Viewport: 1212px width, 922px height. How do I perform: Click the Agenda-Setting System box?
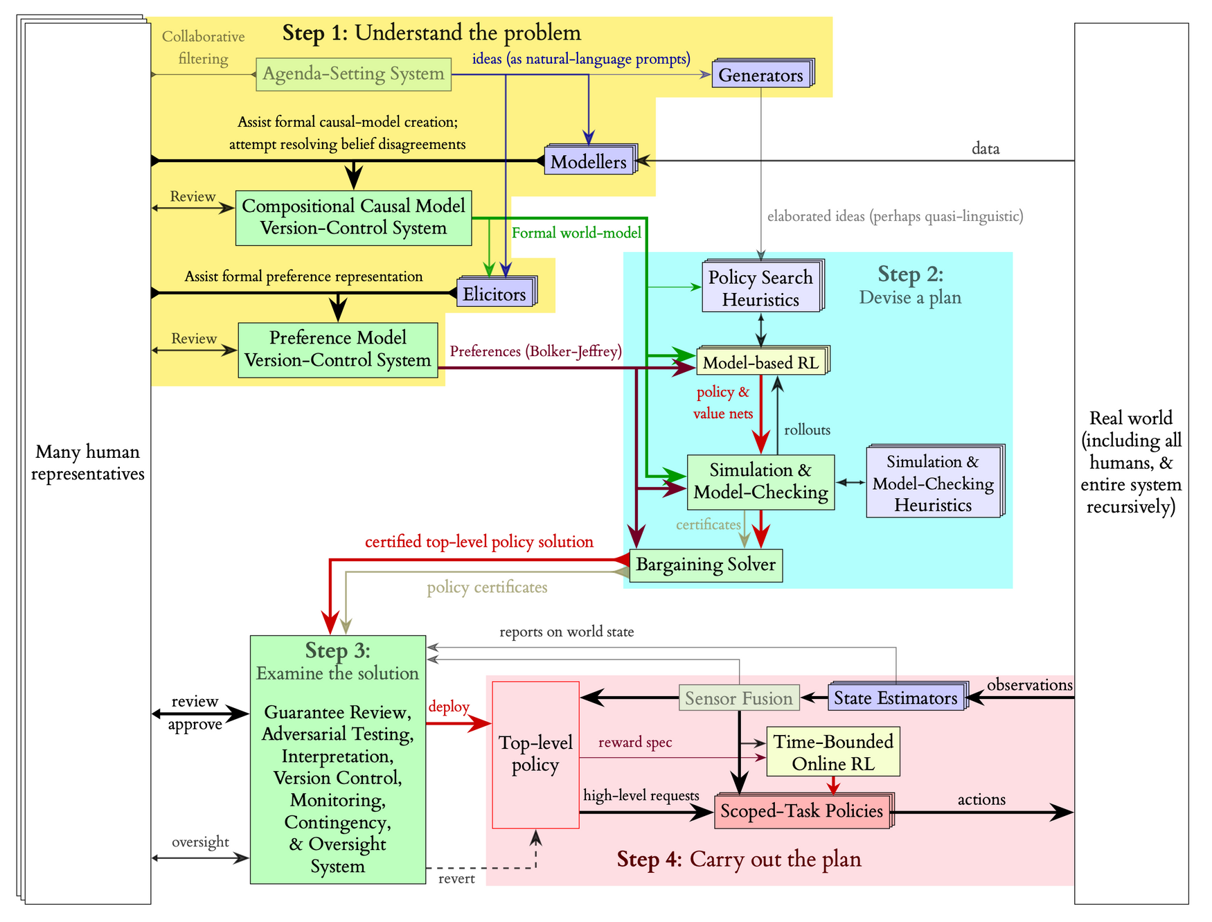click(x=353, y=74)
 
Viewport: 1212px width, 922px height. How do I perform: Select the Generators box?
click(x=760, y=75)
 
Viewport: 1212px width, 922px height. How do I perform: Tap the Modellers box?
click(x=588, y=162)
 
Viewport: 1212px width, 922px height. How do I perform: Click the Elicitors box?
click(x=494, y=294)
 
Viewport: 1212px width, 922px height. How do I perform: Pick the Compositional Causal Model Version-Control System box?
click(x=353, y=218)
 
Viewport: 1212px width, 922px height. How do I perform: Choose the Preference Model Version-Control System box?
click(x=338, y=349)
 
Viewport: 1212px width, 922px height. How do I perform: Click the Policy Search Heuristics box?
click(x=760, y=288)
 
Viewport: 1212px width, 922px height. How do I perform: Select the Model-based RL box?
click(x=760, y=362)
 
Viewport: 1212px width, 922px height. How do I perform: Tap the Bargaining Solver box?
click(x=706, y=565)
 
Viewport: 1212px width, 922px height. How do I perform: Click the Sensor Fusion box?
click(x=739, y=698)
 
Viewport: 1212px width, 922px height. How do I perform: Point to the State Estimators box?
click(x=895, y=698)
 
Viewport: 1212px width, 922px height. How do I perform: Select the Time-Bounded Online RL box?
click(x=832, y=752)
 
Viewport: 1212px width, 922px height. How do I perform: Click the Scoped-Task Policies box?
click(x=801, y=811)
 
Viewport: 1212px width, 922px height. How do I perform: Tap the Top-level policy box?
click(x=535, y=754)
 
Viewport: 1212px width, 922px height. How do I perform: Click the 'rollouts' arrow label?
click(x=807, y=430)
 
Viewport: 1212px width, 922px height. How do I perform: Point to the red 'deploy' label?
click(x=449, y=707)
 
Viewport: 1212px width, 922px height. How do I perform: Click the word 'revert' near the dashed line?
click(x=456, y=879)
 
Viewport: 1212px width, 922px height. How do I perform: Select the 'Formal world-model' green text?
click(x=576, y=233)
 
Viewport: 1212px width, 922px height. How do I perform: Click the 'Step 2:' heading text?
click(x=910, y=274)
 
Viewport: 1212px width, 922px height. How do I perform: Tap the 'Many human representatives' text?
click(x=88, y=463)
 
